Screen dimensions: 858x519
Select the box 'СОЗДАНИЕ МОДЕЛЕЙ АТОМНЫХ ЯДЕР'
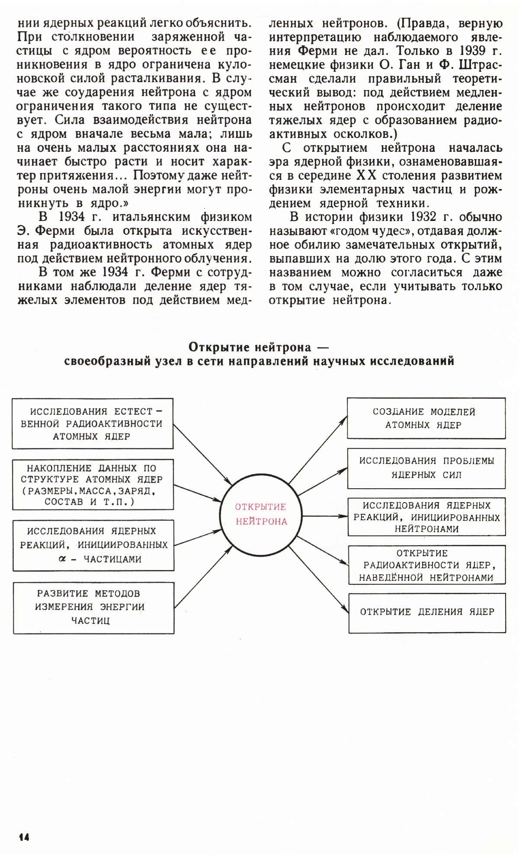click(x=426, y=418)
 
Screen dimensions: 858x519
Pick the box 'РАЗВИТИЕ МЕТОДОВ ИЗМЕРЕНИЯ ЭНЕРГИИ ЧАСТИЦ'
click(x=93, y=608)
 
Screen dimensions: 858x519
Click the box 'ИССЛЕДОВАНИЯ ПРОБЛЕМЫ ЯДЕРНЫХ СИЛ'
click(x=426, y=468)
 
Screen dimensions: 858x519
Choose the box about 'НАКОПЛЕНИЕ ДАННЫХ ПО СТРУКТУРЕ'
click(x=93, y=484)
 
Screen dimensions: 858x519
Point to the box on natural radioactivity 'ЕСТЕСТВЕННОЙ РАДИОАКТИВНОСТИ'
click(x=92, y=423)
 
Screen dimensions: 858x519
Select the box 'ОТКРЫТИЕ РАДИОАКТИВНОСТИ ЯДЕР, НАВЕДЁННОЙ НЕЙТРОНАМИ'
click(x=426, y=565)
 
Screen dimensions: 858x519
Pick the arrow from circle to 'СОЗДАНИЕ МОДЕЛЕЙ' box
click(x=318, y=450)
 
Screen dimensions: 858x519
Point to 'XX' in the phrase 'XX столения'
click(x=366, y=176)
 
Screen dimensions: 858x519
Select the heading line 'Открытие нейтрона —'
click(x=259, y=347)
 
